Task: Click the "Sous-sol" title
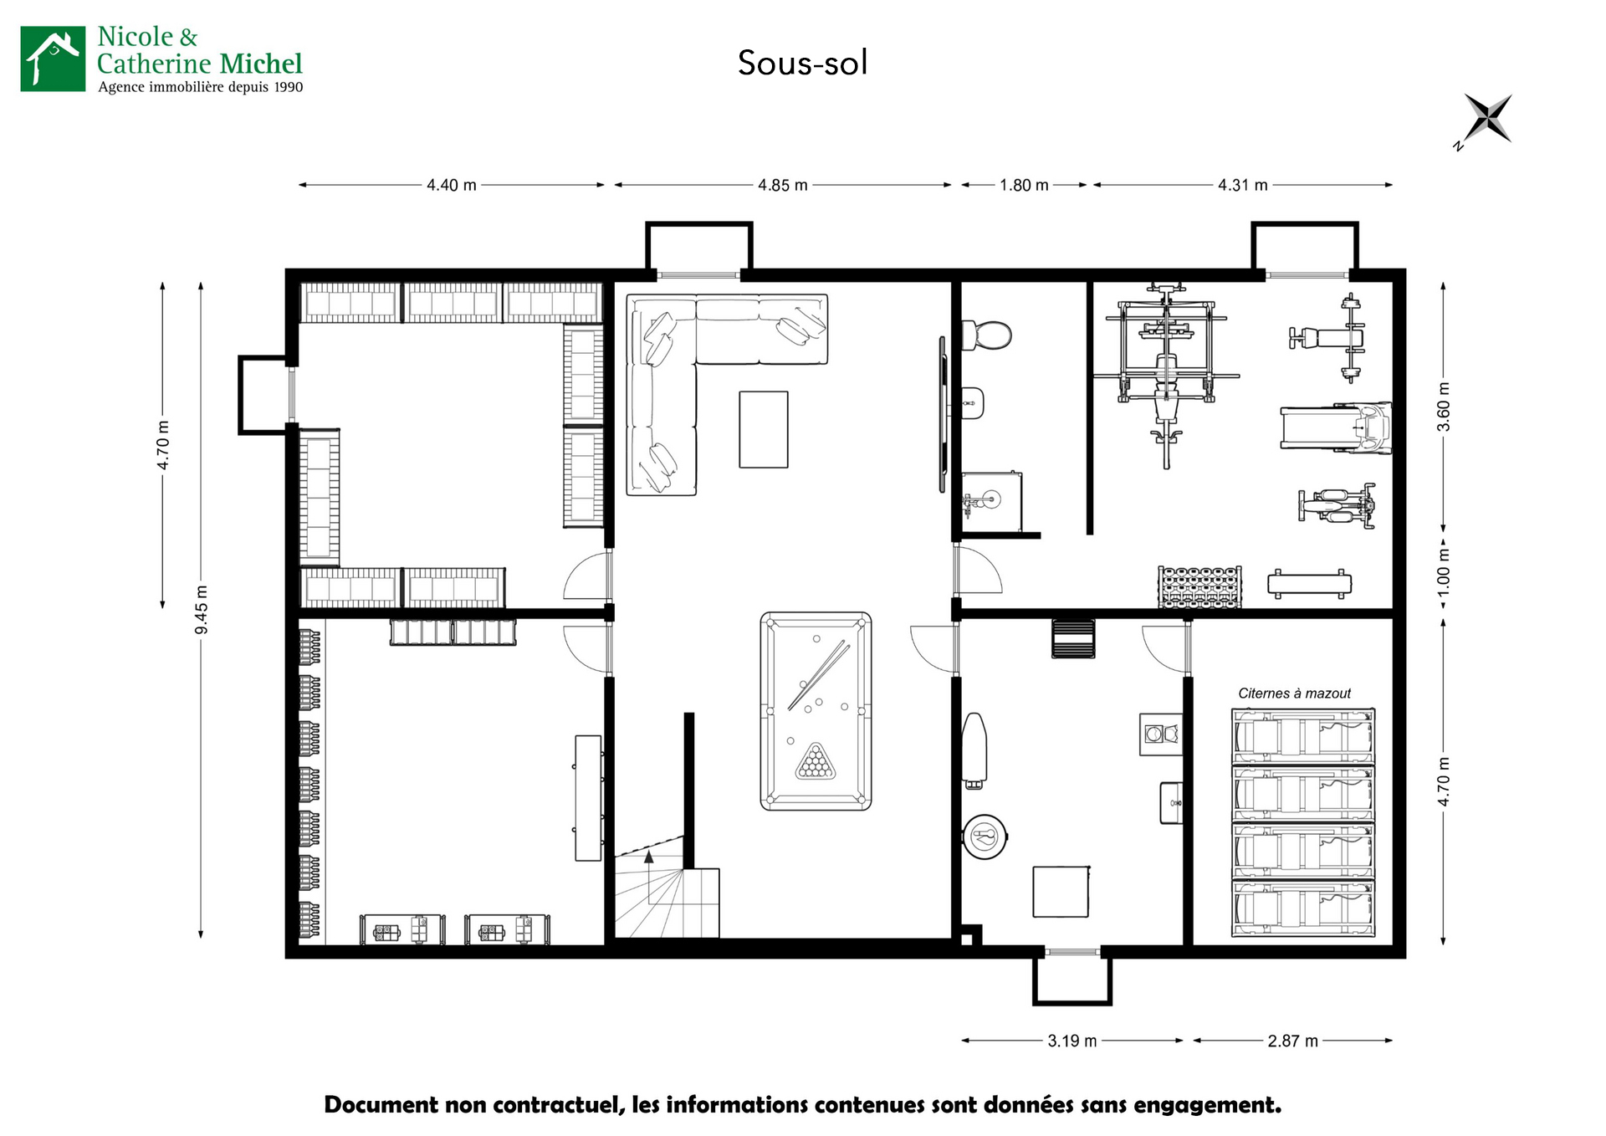[x=802, y=63]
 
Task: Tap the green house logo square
[x=53, y=59]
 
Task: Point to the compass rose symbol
[x=1487, y=120]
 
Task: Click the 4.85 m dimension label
[x=783, y=185]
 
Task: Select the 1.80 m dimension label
[x=1024, y=185]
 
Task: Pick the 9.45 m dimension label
[x=202, y=609]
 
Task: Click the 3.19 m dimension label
[x=1072, y=1041]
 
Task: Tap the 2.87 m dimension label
[x=1292, y=1041]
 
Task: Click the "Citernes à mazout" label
[x=1294, y=693]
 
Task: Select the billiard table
[x=816, y=711]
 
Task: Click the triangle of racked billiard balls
[x=816, y=760]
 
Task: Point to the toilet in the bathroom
[x=986, y=335]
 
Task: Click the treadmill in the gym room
[x=1336, y=427]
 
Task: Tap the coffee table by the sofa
[x=764, y=429]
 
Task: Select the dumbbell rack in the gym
[x=1199, y=586]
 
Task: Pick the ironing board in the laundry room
[x=974, y=750]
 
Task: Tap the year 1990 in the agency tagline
[x=289, y=87]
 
